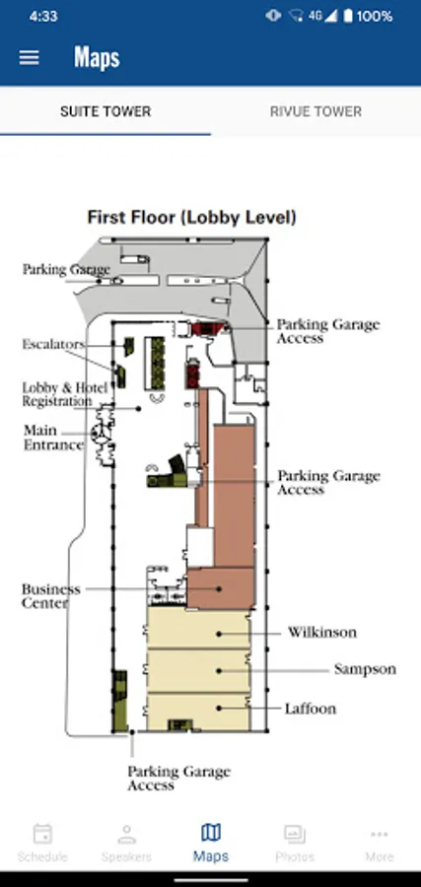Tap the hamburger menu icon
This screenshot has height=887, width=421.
tap(29, 58)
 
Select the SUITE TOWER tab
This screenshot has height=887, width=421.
tap(105, 111)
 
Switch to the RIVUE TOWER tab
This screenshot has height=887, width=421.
tap(316, 111)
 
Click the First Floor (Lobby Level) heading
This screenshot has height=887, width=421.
tap(192, 217)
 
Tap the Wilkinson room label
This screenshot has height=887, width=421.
tap(322, 632)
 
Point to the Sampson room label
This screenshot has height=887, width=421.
tap(365, 669)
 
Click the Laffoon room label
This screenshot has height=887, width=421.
tap(311, 709)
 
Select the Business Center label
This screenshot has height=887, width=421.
tap(51, 596)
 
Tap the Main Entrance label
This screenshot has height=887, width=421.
tap(53, 438)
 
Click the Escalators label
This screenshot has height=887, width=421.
tap(53, 344)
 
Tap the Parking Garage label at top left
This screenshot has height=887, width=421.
tap(66, 270)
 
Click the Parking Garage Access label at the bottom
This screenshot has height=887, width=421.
tap(178, 779)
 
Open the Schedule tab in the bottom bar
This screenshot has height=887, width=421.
tap(42, 843)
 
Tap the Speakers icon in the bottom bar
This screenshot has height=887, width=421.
tap(126, 835)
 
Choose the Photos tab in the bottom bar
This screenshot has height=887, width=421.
tap(295, 843)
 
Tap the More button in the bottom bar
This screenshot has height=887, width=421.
tap(380, 843)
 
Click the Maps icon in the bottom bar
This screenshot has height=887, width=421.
tap(211, 833)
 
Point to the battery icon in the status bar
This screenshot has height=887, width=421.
tap(348, 16)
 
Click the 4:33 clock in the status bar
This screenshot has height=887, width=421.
tap(43, 16)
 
